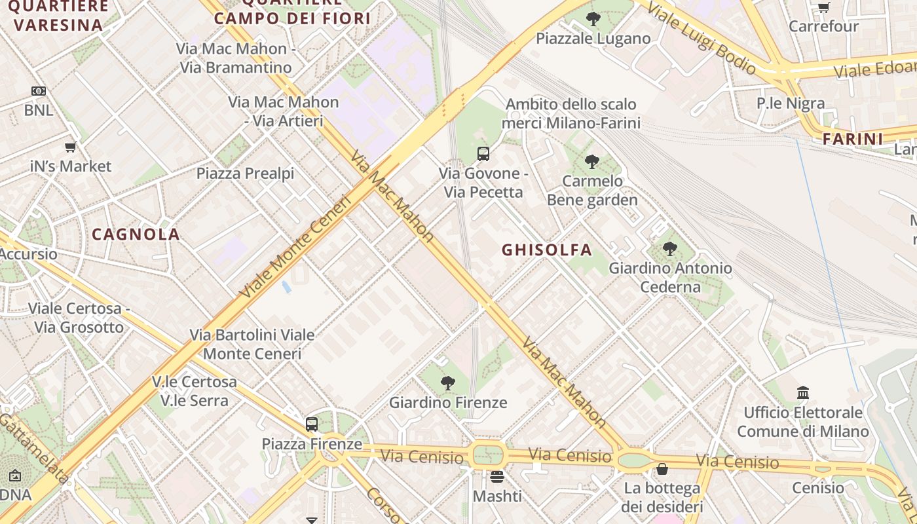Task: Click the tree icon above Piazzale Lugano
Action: (x=593, y=19)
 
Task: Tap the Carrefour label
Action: (x=823, y=26)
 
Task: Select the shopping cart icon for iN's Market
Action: (x=71, y=147)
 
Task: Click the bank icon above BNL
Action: (x=39, y=91)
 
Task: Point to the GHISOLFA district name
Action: (x=547, y=250)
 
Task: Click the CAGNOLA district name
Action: (x=136, y=234)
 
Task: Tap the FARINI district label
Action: (x=853, y=139)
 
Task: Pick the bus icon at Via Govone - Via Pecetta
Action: (x=483, y=154)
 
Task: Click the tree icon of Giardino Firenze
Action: (x=448, y=383)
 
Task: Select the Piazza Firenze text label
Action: (x=312, y=444)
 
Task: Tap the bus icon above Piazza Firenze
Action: (x=312, y=424)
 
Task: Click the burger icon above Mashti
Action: (x=497, y=477)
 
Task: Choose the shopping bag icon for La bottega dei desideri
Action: (x=662, y=470)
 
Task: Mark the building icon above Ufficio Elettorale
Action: (x=803, y=393)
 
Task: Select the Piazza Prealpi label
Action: (x=246, y=174)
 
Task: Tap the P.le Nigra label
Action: (x=791, y=103)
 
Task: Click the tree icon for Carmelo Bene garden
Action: (x=592, y=161)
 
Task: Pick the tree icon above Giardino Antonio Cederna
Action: (x=670, y=249)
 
